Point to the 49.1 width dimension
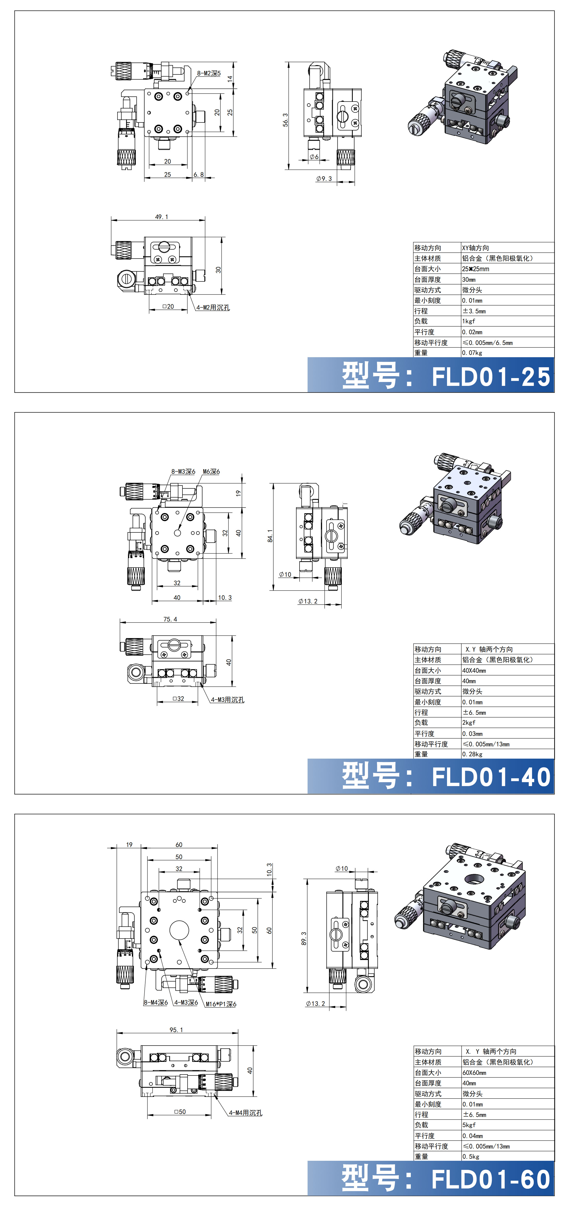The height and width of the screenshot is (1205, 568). (x=161, y=217)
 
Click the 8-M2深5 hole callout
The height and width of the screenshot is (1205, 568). (x=209, y=73)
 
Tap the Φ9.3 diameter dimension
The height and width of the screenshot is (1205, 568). (x=324, y=179)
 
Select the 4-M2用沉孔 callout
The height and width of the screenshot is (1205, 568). (x=213, y=308)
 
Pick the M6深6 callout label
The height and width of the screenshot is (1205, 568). (x=211, y=471)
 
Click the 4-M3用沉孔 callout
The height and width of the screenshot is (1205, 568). (x=227, y=700)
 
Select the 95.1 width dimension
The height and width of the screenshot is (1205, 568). (x=176, y=1030)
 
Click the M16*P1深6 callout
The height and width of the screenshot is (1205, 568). (x=221, y=1004)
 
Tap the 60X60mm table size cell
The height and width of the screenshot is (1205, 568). (x=474, y=1073)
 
